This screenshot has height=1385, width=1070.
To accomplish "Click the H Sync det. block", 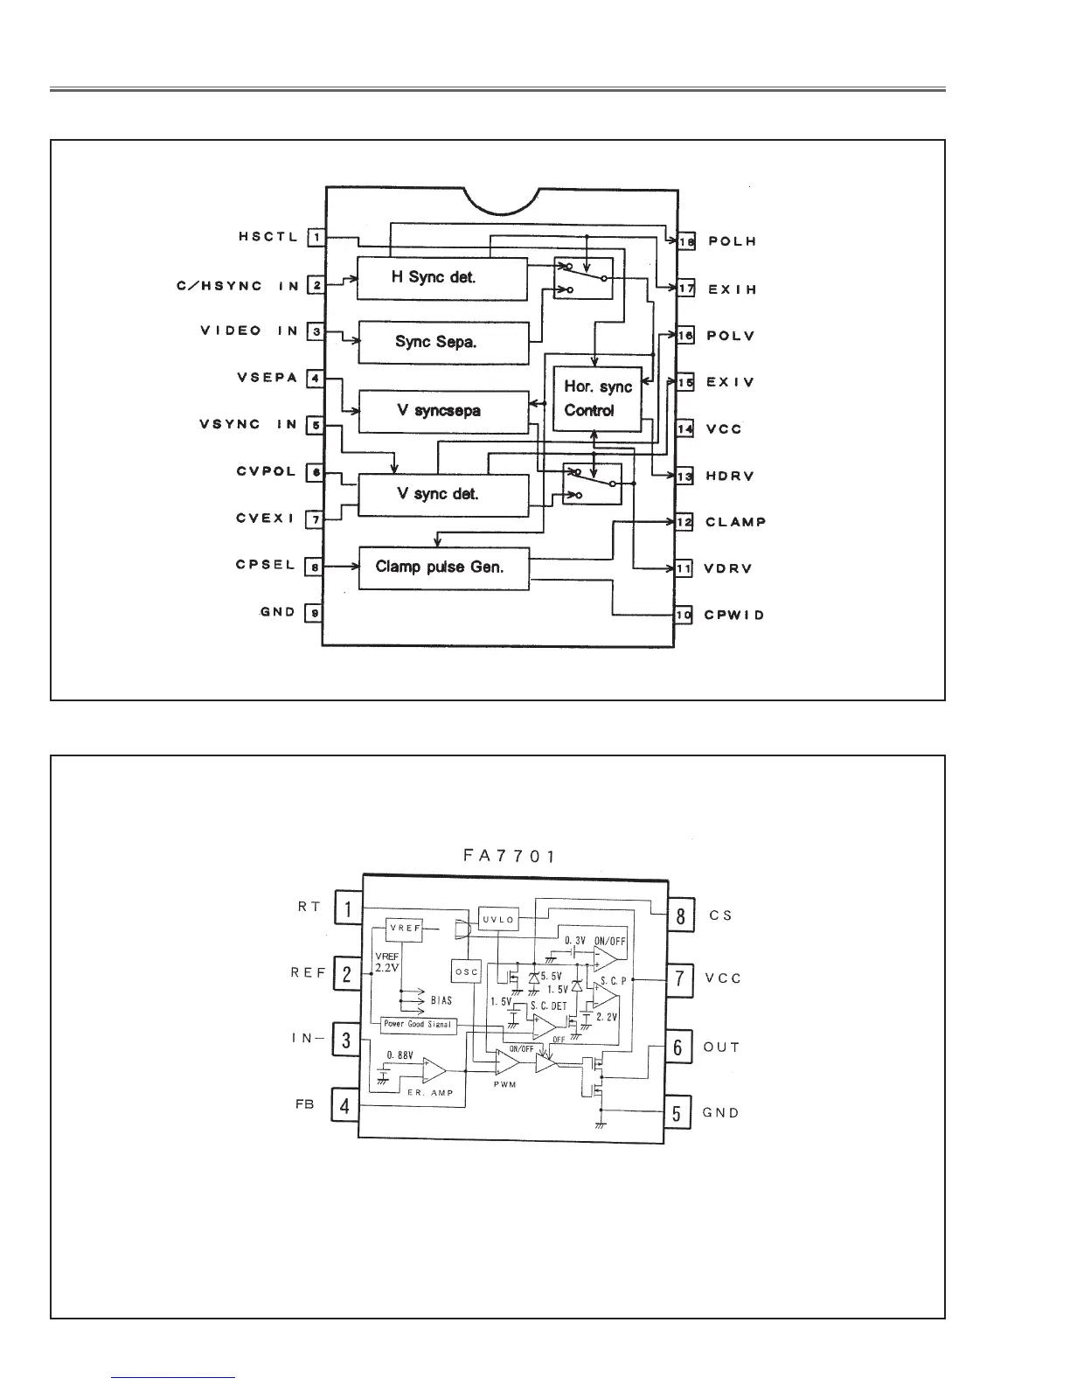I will tap(442, 278).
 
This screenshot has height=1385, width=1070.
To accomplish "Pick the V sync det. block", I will tap(444, 495).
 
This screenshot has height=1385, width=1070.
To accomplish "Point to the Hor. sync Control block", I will tap(598, 399).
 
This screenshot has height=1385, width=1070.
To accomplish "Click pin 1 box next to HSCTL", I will tap(316, 236).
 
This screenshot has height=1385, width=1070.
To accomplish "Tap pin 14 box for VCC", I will tap(684, 428).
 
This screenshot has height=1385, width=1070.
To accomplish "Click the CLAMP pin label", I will tap(735, 522).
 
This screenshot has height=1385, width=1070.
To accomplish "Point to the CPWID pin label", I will tap(734, 615).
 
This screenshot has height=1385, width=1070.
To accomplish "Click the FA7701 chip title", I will tap(509, 855).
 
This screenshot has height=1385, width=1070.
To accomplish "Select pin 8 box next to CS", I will tap(680, 915).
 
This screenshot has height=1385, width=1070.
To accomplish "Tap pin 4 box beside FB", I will tap(345, 1106).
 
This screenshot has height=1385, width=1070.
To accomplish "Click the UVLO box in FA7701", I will tap(498, 920).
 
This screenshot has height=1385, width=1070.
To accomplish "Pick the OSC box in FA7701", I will tap(467, 971).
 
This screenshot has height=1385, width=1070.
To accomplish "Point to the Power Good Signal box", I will tap(420, 1025).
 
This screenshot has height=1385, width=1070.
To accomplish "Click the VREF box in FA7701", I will tap(404, 929).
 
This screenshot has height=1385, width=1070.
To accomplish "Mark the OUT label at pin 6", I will tap(721, 1047).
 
